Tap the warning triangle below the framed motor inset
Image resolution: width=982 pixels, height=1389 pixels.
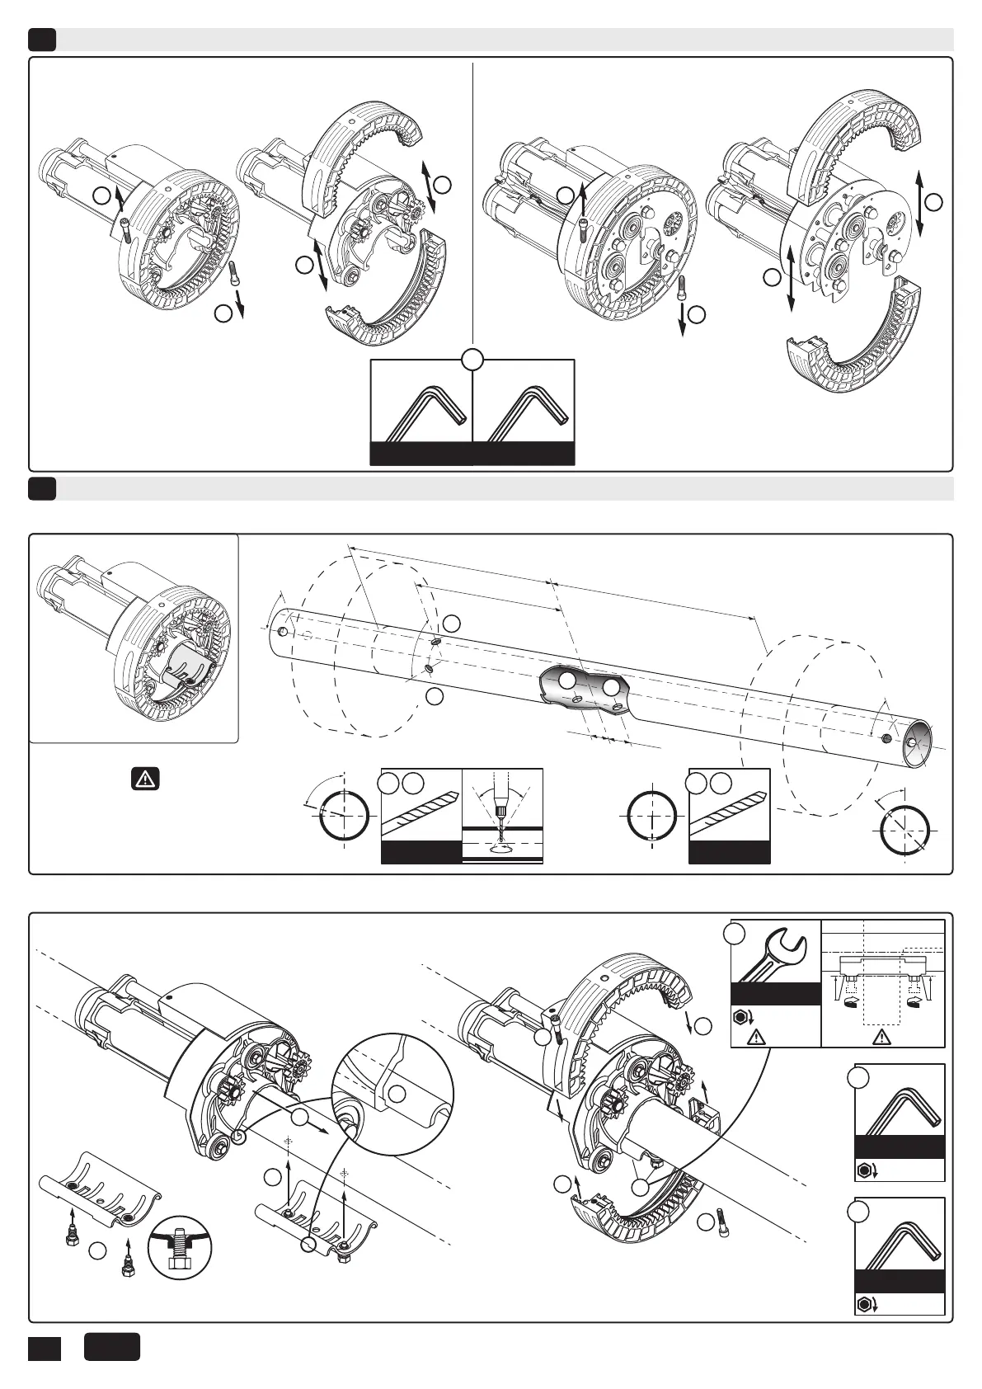click(145, 778)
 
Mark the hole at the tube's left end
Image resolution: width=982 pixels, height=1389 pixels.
click(283, 632)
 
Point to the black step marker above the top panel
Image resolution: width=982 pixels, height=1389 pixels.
click(42, 40)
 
